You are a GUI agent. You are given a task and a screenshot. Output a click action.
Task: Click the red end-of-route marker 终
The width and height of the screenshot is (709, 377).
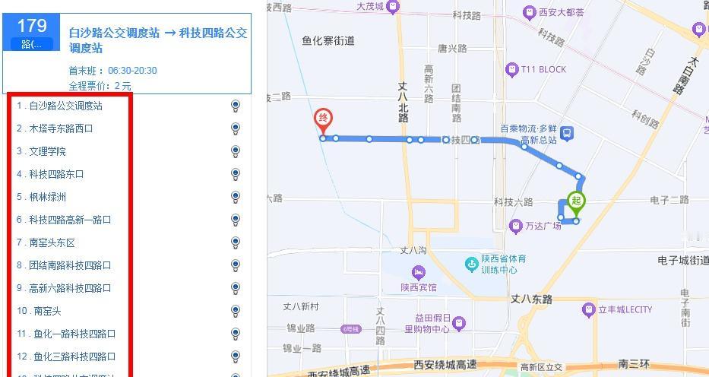[x=324, y=119]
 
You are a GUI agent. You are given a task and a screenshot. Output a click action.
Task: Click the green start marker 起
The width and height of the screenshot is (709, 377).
[x=577, y=201]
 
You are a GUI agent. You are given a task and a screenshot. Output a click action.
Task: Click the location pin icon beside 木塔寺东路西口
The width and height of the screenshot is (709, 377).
[x=236, y=128]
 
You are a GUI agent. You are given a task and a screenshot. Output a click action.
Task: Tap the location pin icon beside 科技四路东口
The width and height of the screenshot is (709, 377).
[x=236, y=174]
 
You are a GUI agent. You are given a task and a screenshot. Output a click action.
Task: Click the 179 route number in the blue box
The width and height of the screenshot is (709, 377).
[x=32, y=27]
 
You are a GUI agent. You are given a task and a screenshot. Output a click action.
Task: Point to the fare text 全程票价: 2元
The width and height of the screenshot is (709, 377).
[x=100, y=86]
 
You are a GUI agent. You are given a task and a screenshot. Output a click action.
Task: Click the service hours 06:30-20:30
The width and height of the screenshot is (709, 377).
[x=132, y=71]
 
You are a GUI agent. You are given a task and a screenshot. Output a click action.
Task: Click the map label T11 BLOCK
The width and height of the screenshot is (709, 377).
[x=543, y=70]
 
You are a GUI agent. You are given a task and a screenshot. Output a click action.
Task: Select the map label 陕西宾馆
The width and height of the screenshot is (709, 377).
[x=419, y=287]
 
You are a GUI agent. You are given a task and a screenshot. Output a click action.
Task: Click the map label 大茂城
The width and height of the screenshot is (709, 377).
[x=371, y=6]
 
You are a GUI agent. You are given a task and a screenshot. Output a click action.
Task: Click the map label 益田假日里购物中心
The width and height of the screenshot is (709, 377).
[x=428, y=323]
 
